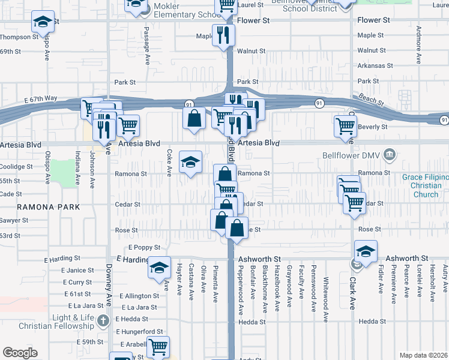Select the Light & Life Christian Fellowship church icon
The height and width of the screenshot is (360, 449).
point(103,321)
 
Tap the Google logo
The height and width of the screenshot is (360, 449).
point(20,352)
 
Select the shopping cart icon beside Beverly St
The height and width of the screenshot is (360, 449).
point(346,125)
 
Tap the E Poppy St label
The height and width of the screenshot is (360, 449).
point(144,247)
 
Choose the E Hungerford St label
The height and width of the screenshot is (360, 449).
point(140,331)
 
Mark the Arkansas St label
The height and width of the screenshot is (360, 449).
point(375,65)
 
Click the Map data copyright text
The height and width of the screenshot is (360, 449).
point(424,355)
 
